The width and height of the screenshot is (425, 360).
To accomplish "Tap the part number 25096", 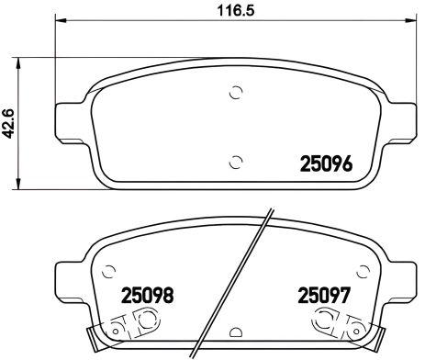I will click(327, 166).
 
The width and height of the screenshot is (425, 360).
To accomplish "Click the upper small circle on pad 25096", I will click(236, 93).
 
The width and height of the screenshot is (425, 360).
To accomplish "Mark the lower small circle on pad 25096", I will click(236, 162).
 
